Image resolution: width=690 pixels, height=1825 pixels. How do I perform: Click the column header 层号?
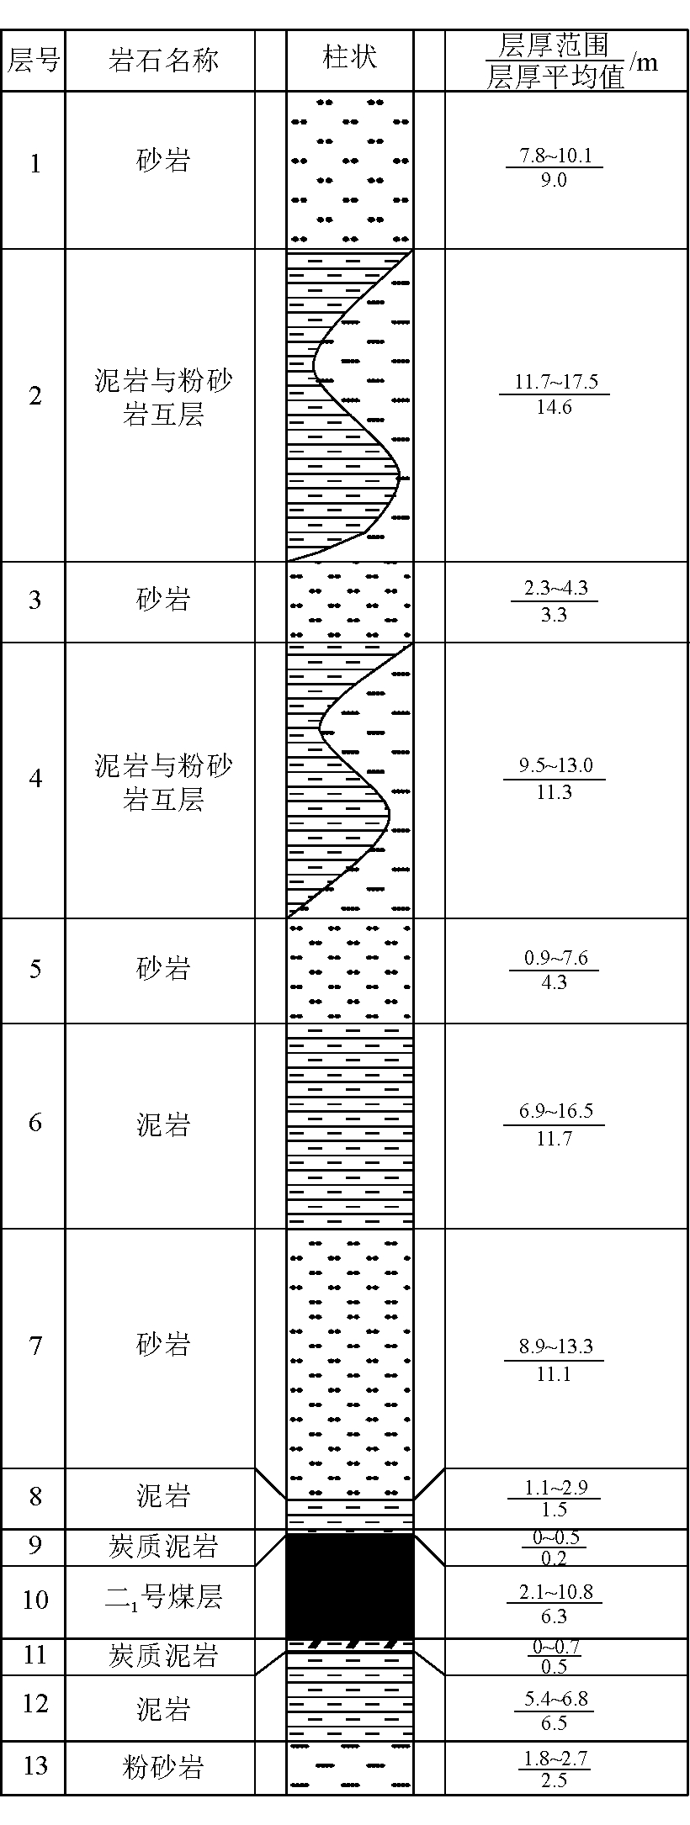[34, 60]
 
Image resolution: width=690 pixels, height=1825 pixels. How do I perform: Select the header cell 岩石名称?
[162, 60]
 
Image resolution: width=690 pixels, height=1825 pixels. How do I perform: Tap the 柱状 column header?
[349, 57]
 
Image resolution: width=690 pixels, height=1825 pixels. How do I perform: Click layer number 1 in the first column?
[34, 164]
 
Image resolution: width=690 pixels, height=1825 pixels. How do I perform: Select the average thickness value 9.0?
[554, 180]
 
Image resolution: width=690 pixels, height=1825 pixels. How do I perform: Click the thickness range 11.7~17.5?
[556, 383]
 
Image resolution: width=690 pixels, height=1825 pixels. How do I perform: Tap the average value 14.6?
[554, 407]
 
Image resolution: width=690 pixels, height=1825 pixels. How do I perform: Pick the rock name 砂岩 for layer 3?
[162, 600]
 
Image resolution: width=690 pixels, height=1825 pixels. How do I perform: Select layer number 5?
[34, 969]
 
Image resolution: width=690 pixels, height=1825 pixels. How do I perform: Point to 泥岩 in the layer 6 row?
[162, 1124]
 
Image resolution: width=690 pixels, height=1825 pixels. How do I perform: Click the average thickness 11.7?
[554, 1138]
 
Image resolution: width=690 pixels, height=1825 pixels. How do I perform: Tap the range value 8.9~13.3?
[556, 1346]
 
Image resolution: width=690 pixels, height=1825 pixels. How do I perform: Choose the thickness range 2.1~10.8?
[555, 1592]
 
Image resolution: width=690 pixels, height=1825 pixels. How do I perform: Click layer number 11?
[34, 1655]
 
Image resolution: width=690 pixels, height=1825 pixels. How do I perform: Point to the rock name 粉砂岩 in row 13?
[162, 1766]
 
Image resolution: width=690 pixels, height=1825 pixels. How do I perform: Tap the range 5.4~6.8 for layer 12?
[555, 1700]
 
